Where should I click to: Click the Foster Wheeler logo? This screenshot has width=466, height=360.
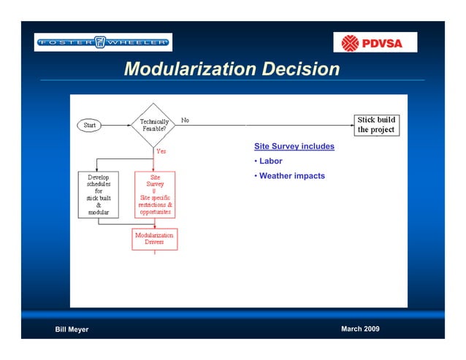click(x=103, y=42)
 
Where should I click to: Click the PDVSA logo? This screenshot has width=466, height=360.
click(x=375, y=42)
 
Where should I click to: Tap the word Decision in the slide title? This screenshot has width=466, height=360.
click(x=301, y=69)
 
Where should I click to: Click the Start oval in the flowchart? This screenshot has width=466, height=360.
click(x=90, y=126)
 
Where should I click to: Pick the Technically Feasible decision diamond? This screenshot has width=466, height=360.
click(x=153, y=126)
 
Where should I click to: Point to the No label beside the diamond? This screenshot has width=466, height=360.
click(x=185, y=120)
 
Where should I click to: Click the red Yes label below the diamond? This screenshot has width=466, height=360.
click(x=161, y=151)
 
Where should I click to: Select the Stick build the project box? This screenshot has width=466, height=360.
click(x=375, y=125)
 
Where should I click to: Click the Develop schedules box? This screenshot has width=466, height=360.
click(x=99, y=194)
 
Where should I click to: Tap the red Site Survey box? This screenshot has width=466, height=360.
click(x=155, y=194)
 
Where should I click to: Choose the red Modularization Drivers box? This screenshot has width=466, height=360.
click(x=154, y=239)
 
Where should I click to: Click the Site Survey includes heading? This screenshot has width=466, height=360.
click(x=294, y=147)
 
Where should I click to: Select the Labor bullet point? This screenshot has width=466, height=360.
click(x=270, y=161)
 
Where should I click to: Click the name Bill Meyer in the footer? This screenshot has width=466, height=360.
click(x=72, y=329)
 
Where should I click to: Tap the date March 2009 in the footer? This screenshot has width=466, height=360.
click(x=360, y=329)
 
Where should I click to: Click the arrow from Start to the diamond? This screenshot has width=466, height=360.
click(x=117, y=126)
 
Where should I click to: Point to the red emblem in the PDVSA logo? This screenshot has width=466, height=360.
click(x=347, y=42)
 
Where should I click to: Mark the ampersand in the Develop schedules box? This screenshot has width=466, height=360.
click(x=99, y=205)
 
